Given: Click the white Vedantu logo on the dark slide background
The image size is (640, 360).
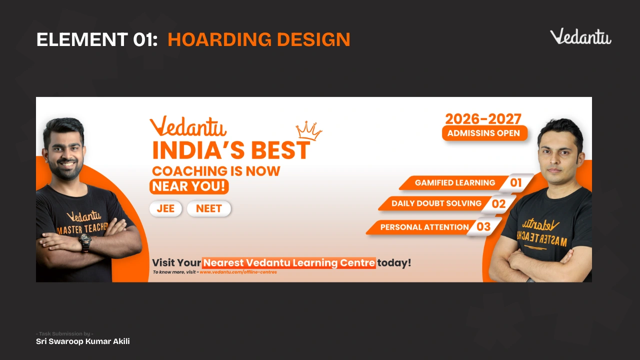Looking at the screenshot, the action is (580, 36).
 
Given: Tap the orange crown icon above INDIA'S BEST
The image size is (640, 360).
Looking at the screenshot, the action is (309, 131).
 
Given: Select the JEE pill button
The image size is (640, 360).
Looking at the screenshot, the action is (165, 208).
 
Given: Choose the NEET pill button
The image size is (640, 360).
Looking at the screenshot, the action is (209, 208).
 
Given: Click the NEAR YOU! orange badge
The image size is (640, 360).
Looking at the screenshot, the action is (189, 186).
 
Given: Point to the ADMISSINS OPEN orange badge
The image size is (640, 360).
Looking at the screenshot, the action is (484, 133).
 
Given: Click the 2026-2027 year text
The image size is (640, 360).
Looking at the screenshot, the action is (483, 119).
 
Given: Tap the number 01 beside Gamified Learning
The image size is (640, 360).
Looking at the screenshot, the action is (515, 183).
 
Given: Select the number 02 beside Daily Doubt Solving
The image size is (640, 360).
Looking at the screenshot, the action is (498, 204).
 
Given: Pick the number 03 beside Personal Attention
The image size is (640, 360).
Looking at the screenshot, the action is (483, 227).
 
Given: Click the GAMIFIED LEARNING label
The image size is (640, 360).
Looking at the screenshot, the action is (455, 183).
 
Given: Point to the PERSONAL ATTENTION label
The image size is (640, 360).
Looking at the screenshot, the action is (424, 227).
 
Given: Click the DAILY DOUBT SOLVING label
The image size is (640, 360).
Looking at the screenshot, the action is (436, 203).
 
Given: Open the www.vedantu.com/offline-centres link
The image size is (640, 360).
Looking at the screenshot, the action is (238, 272).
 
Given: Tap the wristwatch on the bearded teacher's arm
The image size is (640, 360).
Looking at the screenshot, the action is (85, 241).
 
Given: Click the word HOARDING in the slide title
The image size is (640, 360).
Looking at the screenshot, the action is (219, 39).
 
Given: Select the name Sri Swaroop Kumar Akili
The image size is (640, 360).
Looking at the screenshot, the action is (83, 341).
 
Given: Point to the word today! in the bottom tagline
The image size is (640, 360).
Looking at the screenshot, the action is (394, 263).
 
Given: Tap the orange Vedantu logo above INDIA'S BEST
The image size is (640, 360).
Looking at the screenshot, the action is (188, 126).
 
